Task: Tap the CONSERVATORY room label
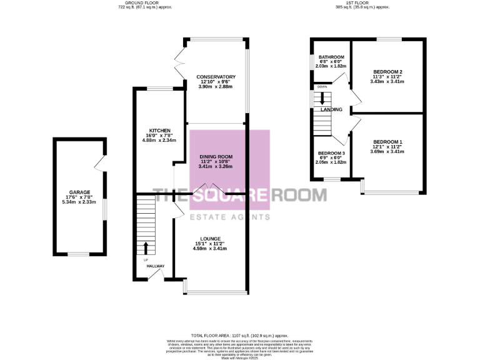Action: (215, 76)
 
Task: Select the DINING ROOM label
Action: (216, 156)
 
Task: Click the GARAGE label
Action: (80, 192)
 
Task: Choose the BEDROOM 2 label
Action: (387, 72)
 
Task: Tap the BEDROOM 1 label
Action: (387, 142)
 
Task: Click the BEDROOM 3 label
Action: (331, 153)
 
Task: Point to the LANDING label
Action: (331, 109)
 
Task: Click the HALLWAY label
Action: (156, 266)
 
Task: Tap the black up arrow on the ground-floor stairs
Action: (146, 248)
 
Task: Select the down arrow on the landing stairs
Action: (323, 98)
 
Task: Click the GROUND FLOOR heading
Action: (144, 3)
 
